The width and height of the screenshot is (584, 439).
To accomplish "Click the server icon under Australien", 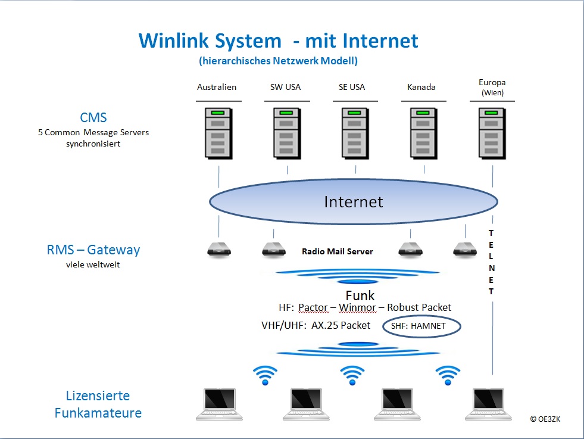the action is (x=218, y=133).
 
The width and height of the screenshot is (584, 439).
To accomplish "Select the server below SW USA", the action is (x=287, y=133).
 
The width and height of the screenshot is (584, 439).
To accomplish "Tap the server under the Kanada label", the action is (x=423, y=133).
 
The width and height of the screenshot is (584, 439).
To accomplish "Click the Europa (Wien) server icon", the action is (x=492, y=133).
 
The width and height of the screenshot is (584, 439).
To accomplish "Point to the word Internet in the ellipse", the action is (x=354, y=202).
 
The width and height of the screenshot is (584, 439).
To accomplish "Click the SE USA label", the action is (x=352, y=87).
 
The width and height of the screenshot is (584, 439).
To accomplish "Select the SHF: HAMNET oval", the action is (x=421, y=326).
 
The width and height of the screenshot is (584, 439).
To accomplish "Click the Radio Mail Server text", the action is (x=338, y=251).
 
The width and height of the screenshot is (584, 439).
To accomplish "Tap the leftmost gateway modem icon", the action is (x=219, y=250).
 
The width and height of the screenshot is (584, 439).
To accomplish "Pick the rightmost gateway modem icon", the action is (x=465, y=250).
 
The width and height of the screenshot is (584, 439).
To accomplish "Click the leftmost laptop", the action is (x=220, y=404).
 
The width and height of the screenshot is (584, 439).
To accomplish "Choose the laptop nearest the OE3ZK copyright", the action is (x=488, y=404).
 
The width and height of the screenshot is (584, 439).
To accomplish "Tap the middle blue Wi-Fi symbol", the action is (x=352, y=375).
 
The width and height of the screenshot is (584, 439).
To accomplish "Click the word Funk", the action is (x=360, y=295).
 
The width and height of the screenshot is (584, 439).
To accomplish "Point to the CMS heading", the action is (x=93, y=118).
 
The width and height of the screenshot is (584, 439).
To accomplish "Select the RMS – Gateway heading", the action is (x=93, y=250).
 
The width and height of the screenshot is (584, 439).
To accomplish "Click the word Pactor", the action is (x=313, y=307).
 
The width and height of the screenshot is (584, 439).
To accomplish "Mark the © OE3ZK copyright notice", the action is (x=545, y=419).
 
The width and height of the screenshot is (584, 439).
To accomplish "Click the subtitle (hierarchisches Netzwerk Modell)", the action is (x=278, y=61).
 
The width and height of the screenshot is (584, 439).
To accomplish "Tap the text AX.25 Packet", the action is (x=341, y=325).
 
